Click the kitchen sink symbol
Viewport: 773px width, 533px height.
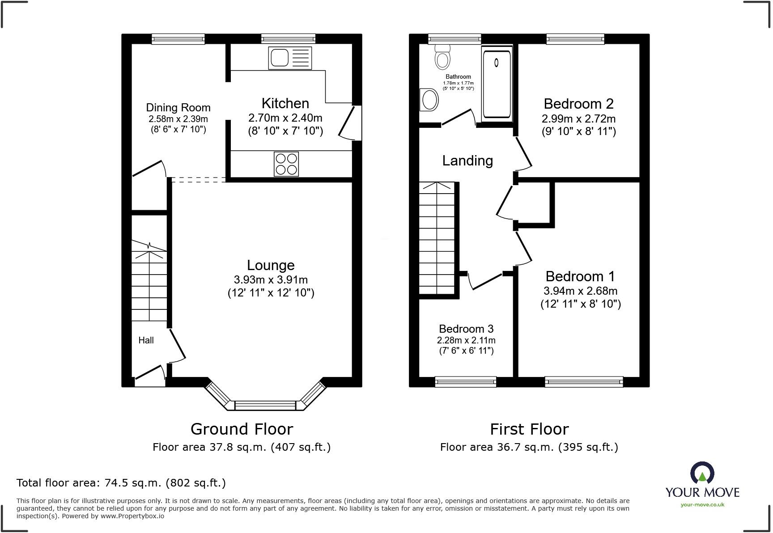click(x=290, y=58)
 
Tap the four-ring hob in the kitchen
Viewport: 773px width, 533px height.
click(x=286, y=164)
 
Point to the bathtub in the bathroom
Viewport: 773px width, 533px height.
click(x=497, y=84)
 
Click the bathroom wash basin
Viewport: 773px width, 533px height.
click(x=429, y=99)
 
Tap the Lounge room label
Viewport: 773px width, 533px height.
click(x=271, y=265)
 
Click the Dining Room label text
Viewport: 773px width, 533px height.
click(x=178, y=108)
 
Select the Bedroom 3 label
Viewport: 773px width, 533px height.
click(x=466, y=329)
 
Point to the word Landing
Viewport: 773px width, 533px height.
click(x=467, y=161)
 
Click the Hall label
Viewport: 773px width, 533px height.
click(x=146, y=340)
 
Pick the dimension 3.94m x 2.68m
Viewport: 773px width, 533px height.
click(x=580, y=291)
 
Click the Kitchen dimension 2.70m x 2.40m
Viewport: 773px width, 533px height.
click(x=285, y=118)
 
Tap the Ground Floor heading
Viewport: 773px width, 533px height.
click(x=242, y=429)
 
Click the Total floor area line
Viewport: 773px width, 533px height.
click(x=121, y=483)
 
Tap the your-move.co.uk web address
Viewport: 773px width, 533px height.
click(x=702, y=505)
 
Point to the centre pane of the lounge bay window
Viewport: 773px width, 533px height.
click(x=265, y=406)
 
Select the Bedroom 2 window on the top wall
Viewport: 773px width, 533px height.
click(x=575, y=39)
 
